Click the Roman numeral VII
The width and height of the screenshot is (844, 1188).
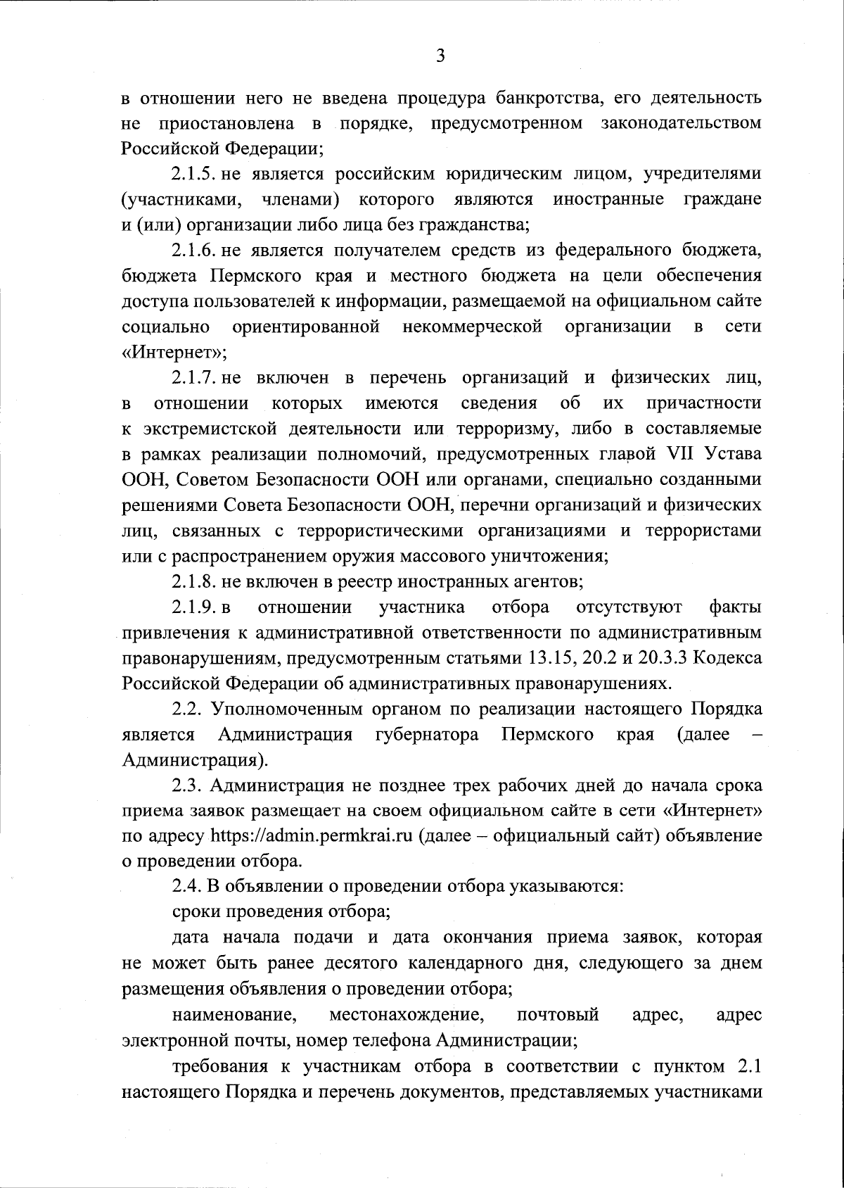[x=678, y=454]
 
